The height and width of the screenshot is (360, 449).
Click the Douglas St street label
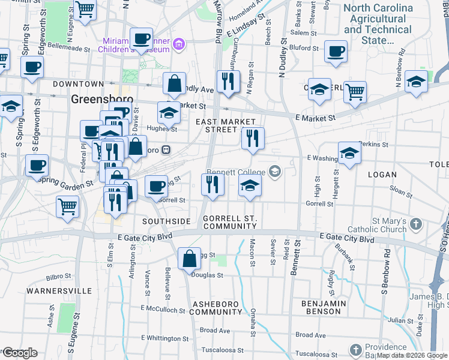(208, 276)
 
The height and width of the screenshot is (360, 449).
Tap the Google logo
(19, 353)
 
